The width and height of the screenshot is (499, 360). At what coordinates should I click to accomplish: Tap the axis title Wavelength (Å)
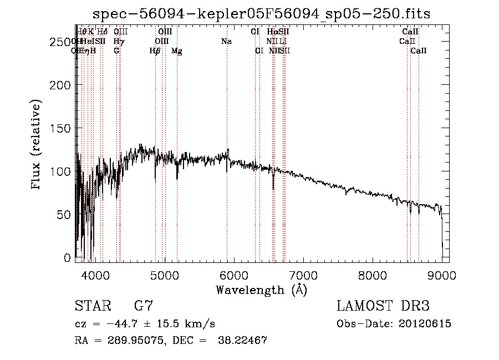click(x=261, y=290)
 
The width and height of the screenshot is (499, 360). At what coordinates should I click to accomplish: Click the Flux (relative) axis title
click(x=37, y=145)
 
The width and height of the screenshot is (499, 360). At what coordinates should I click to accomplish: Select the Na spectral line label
click(x=226, y=41)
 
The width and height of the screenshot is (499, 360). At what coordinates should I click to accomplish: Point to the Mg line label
click(x=176, y=50)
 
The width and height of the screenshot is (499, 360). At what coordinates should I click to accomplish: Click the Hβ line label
click(x=155, y=50)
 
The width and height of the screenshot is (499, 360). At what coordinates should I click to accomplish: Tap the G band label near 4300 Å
click(x=116, y=50)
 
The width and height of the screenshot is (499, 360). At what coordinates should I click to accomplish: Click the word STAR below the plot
click(x=92, y=306)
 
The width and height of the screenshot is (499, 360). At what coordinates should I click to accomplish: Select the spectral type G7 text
click(x=143, y=306)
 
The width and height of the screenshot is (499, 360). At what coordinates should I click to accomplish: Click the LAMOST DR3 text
click(x=383, y=306)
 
